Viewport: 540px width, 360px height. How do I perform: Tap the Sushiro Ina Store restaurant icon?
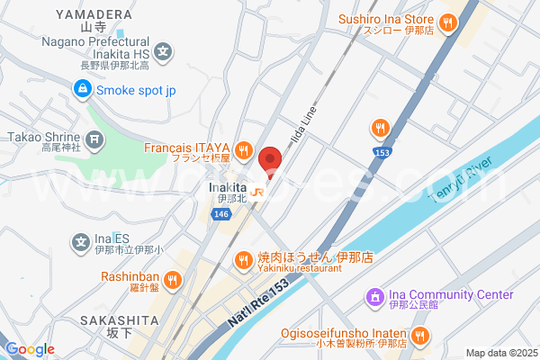(x=448, y=22)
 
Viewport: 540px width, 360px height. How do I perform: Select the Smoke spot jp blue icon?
(x=82, y=89)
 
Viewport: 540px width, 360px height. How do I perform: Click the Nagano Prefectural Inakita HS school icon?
(x=162, y=51)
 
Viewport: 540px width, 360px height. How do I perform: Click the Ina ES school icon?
(x=81, y=240)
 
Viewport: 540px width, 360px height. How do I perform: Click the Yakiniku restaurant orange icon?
(x=242, y=261)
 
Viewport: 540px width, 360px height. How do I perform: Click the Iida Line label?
(x=305, y=130)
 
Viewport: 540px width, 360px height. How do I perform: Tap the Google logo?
(x=30, y=349)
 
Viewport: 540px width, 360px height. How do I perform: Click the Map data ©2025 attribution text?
(x=500, y=353)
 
